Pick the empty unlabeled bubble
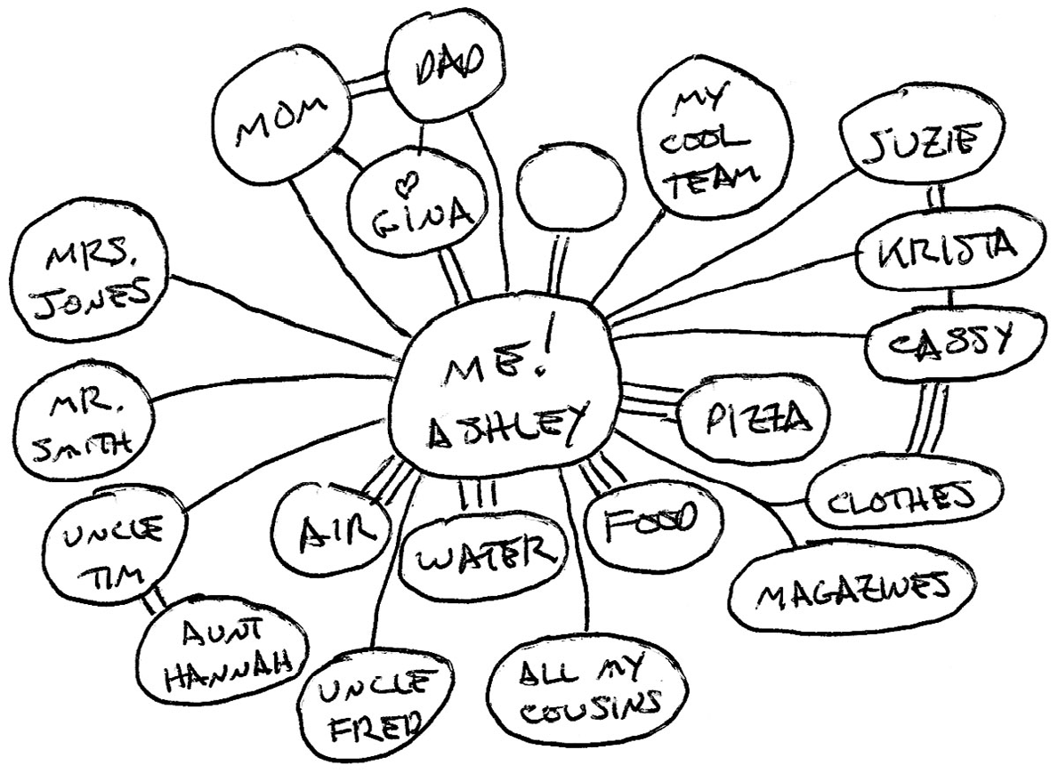(x=562, y=184)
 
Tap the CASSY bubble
(x=943, y=342)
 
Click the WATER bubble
(x=483, y=559)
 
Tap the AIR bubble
(x=332, y=534)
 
